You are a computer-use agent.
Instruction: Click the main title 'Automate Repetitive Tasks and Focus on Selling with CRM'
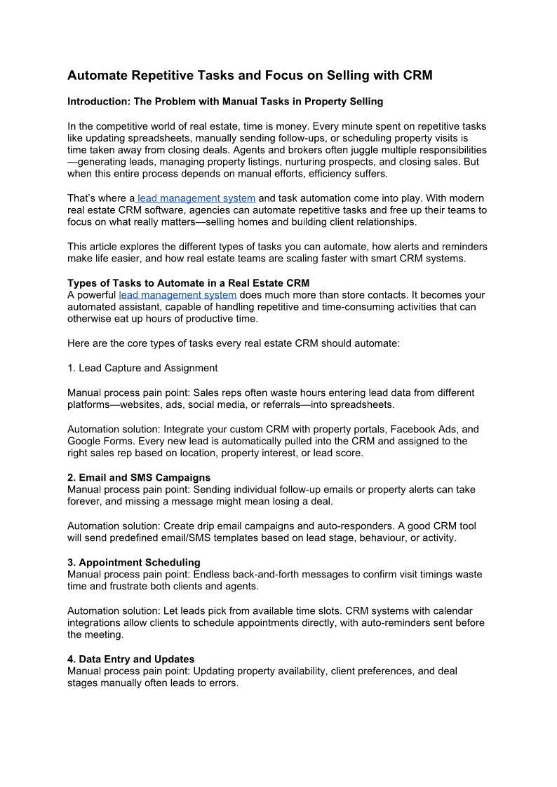[250, 75]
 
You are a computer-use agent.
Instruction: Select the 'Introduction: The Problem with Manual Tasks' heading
[225, 102]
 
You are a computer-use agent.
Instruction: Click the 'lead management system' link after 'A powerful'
[177, 295]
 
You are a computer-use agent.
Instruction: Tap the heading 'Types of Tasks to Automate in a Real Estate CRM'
[188, 283]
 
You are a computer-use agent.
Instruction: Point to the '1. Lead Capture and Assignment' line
[142, 368]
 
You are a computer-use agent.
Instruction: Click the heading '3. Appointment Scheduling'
[133, 562]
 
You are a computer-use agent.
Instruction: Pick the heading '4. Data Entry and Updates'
[130, 659]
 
